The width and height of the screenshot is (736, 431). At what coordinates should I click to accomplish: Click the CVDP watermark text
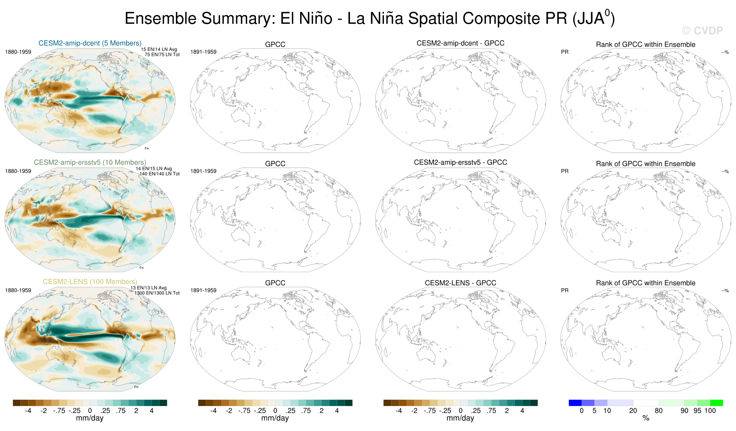pyautogui.click(x=703, y=31)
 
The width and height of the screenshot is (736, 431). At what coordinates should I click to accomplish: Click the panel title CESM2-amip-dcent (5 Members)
pyautogui.click(x=90, y=43)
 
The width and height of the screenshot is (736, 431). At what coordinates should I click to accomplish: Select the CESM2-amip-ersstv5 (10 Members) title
pyautogui.click(x=90, y=162)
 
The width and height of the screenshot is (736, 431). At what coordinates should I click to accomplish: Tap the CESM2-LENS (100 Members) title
pyautogui.click(x=90, y=281)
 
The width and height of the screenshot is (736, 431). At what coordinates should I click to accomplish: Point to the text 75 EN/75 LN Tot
pyautogui.click(x=162, y=55)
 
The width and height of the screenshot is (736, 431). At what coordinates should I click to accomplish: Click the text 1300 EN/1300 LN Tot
pyautogui.click(x=157, y=293)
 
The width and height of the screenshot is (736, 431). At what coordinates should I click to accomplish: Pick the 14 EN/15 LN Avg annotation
pyautogui.click(x=154, y=169)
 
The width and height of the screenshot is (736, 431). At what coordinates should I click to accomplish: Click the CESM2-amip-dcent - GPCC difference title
pyautogui.click(x=460, y=43)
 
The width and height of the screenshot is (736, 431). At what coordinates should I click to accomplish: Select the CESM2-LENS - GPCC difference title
pyautogui.click(x=460, y=283)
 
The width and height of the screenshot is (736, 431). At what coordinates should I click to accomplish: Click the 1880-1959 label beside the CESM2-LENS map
pyautogui.click(x=18, y=290)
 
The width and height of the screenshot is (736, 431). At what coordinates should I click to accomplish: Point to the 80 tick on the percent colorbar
pyautogui.click(x=659, y=410)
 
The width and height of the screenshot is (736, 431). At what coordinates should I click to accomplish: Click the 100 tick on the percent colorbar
pyautogui.click(x=710, y=410)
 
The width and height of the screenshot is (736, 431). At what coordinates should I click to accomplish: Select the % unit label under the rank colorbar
pyautogui.click(x=646, y=418)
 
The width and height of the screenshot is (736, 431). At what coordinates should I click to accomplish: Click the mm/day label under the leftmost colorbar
pyautogui.click(x=90, y=418)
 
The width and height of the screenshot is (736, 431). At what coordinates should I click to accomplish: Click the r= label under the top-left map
pyautogui.click(x=147, y=148)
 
